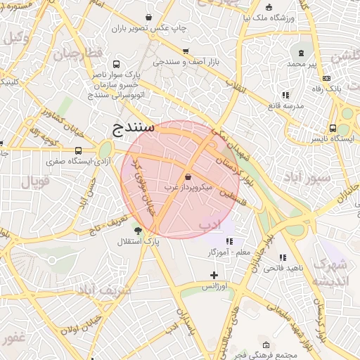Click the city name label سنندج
click(x=134, y=128)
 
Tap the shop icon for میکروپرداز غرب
click(x=188, y=176)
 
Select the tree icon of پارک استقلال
click(x=137, y=230)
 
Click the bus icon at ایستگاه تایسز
click(x=333, y=129)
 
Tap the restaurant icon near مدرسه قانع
click(x=285, y=94)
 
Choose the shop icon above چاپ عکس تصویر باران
click(x=148, y=17)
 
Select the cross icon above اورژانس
click(x=214, y=275)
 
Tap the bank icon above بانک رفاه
click(x=336, y=79)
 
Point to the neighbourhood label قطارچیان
click(x=79, y=53)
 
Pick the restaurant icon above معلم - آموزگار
click(x=229, y=241)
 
